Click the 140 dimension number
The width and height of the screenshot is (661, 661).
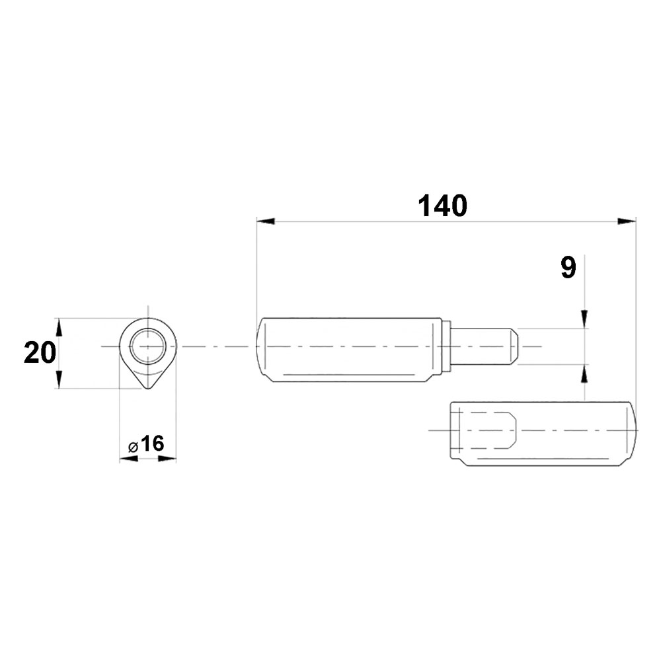[x=442, y=206]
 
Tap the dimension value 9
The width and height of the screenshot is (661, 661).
[x=568, y=268]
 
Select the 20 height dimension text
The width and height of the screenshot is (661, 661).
[x=40, y=353]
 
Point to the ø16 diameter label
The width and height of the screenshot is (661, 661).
[x=146, y=444]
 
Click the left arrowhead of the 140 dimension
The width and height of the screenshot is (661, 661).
[x=266, y=221]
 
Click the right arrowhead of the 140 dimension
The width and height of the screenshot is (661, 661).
[x=627, y=221]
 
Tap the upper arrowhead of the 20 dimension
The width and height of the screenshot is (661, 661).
[x=59, y=327]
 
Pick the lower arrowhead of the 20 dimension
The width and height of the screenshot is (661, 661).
[x=59, y=379]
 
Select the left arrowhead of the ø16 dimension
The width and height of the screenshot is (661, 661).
[x=129, y=459]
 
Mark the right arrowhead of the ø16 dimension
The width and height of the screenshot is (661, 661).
[x=167, y=459]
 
